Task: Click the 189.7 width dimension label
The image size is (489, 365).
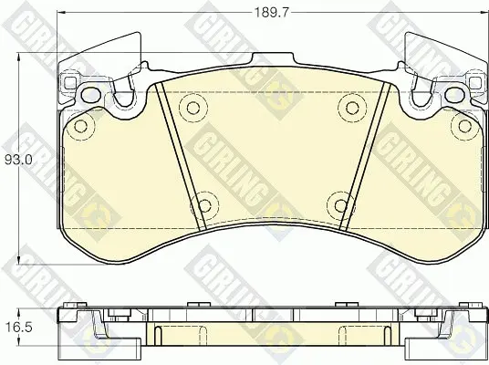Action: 272,13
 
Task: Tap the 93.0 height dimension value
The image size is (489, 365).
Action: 18,161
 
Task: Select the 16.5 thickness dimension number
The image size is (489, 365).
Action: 19,328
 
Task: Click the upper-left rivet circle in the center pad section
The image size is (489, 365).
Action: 193,108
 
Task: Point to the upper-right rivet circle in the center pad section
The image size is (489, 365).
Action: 352,108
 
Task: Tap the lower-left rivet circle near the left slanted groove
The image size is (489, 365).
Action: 204,205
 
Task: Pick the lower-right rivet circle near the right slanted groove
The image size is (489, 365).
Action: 340,205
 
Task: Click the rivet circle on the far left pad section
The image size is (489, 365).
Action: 81,126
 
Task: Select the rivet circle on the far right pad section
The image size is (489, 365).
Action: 464,126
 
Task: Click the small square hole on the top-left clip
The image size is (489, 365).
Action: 70,82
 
